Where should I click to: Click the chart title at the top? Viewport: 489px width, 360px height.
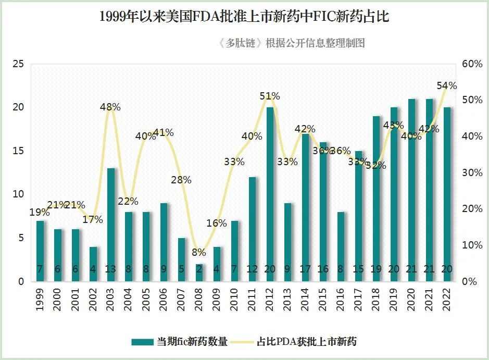pos(244,17)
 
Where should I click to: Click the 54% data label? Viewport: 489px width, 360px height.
pos(446,85)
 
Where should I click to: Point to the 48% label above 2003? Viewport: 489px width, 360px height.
pos(110,107)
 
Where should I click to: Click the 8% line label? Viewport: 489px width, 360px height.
pos(199,252)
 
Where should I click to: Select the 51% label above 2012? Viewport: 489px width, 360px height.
pos(270,96)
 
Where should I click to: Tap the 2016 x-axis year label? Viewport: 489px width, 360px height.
pos(341,299)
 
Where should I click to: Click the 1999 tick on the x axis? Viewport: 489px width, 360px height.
pos(40,299)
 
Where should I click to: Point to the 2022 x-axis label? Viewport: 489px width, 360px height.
pos(447,299)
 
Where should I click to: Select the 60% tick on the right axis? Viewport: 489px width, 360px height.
pos(472,64)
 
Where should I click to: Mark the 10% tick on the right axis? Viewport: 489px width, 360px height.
pos(472,245)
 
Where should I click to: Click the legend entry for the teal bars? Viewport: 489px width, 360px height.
pos(180,342)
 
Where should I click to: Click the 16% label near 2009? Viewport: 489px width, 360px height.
pos(217,223)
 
